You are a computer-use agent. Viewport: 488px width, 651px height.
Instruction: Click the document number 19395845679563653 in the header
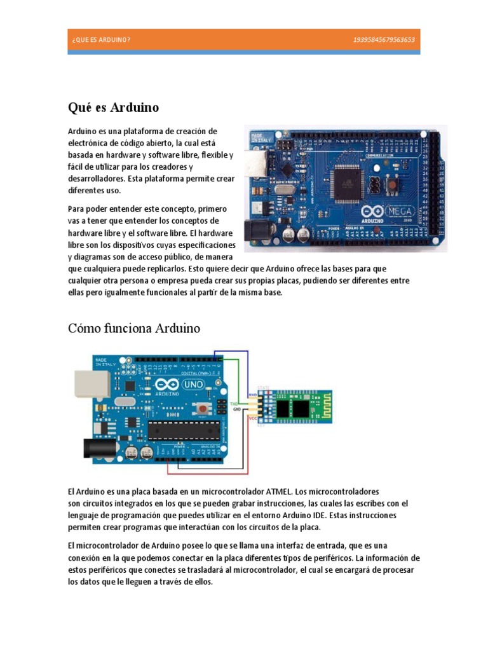point(384,40)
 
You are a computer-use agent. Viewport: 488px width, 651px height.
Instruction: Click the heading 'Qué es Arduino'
point(113,107)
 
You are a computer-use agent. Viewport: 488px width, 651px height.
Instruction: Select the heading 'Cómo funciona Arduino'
point(133,329)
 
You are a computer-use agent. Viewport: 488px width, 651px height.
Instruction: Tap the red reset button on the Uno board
point(202,408)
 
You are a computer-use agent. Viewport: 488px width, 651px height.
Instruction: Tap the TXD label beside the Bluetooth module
point(234,403)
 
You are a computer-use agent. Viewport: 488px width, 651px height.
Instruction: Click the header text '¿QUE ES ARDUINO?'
point(102,40)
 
